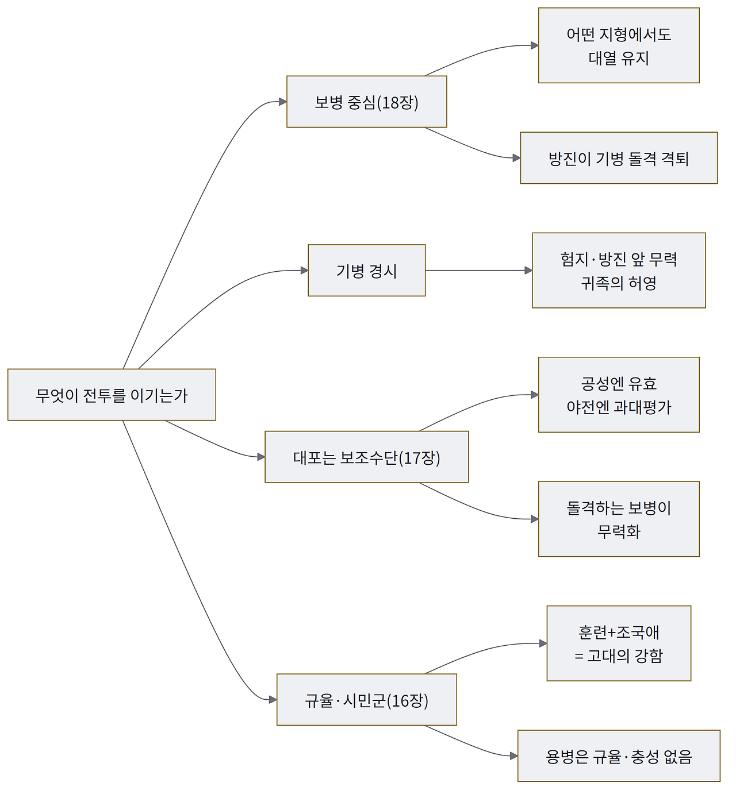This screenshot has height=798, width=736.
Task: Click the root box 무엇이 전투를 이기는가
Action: coord(112,395)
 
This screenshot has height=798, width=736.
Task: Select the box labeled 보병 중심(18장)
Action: coord(366,102)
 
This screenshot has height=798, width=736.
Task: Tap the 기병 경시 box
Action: coord(366,271)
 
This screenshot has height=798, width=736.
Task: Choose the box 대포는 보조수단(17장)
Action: coord(366,457)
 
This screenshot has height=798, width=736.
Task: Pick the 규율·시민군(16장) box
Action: coord(366,699)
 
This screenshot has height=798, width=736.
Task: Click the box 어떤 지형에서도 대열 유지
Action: coord(619,45)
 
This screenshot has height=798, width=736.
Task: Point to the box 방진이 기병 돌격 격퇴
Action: coord(619,158)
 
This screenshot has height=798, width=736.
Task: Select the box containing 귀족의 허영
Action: coord(619,271)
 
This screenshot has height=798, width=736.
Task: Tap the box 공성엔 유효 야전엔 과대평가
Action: coord(619,395)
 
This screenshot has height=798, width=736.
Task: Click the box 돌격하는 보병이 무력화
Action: coord(619,519)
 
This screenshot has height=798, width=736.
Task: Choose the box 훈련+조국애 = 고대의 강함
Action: coord(619,643)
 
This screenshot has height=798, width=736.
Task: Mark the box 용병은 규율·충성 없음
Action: coord(619,756)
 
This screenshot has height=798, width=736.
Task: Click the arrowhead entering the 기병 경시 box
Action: coord(304,271)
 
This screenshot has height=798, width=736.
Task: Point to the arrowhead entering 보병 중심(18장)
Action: coord(283,102)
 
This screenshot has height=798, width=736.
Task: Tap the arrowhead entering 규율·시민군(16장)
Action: coord(273,699)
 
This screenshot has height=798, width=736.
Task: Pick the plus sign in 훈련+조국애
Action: coord(612,632)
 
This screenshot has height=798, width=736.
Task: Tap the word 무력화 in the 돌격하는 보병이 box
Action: coord(619,531)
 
